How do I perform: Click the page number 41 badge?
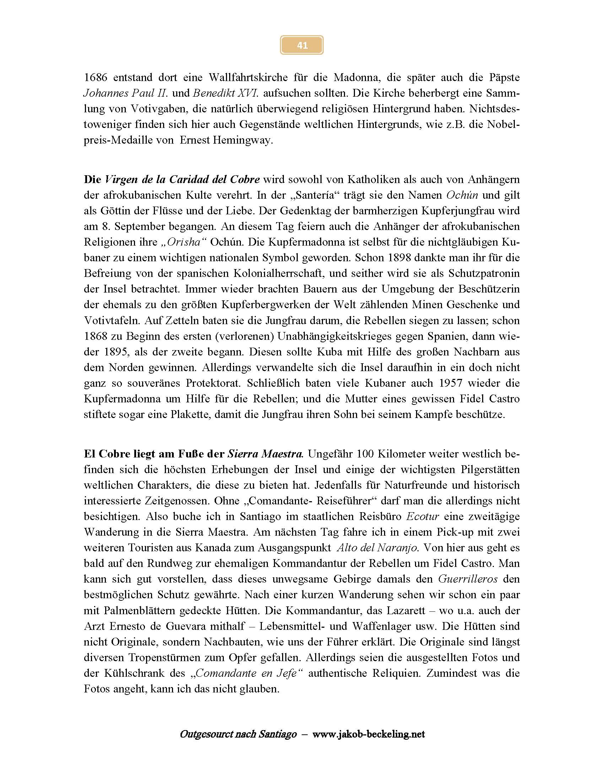[x=302, y=45]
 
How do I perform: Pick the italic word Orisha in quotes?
[x=185, y=242]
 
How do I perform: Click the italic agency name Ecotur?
[x=422, y=517]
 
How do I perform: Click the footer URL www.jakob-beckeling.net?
[x=368, y=734]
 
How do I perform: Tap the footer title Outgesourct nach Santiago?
[x=238, y=734]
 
